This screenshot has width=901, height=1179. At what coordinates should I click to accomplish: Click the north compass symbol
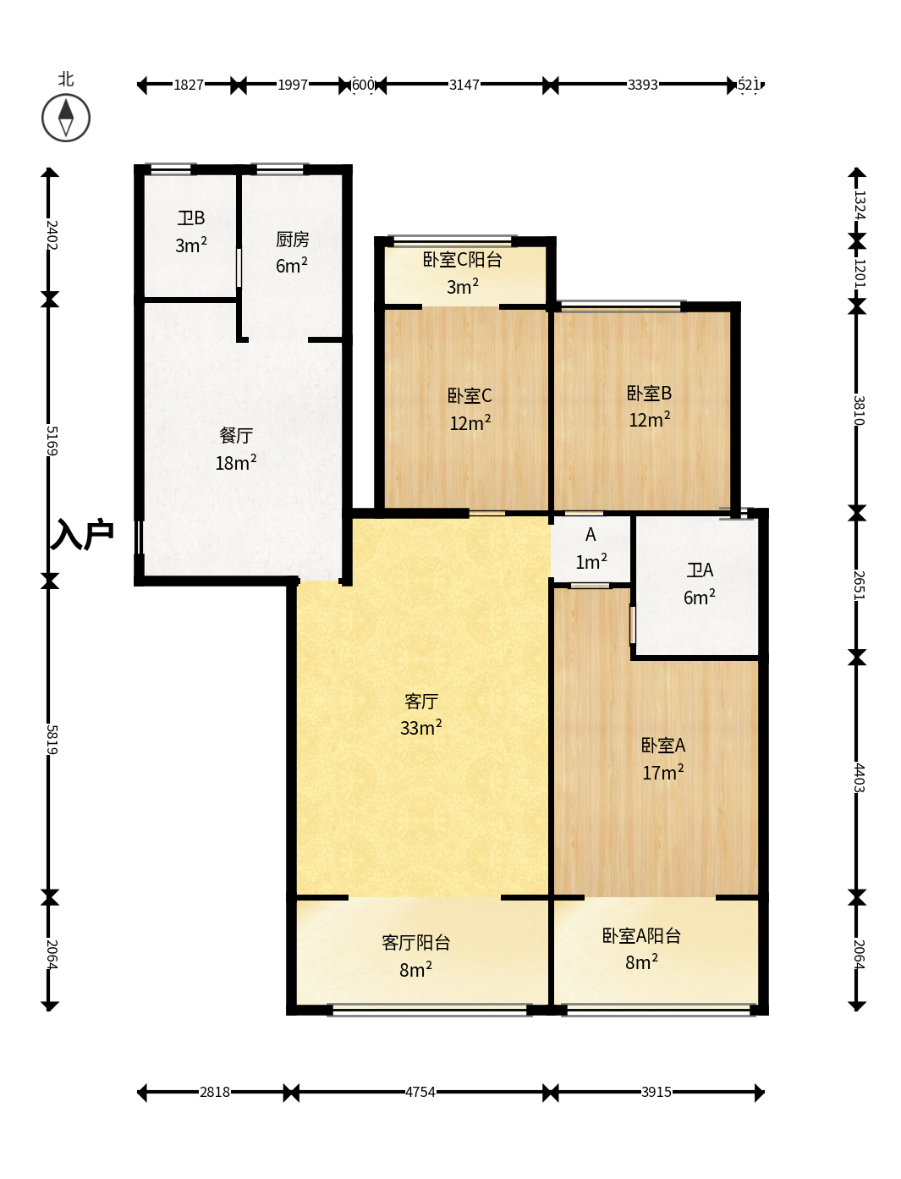click(65, 118)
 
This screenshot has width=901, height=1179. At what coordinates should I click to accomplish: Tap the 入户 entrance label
click(81, 534)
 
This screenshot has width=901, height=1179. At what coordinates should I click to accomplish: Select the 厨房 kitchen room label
click(292, 239)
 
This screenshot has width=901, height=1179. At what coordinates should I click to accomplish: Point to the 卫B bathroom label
click(191, 218)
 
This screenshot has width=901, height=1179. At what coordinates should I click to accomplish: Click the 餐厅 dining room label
click(236, 435)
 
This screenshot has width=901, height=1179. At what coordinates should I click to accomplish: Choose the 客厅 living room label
click(421, 701)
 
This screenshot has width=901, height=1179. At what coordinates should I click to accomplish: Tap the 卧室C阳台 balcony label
click(462, 260)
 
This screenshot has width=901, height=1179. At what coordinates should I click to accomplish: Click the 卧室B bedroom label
click(649, 394)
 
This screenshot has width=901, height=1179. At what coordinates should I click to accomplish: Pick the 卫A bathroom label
click(700, 570)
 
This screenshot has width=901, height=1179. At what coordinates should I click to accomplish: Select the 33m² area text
click(421, 727)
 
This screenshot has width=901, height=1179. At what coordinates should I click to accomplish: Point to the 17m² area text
click(663, 772)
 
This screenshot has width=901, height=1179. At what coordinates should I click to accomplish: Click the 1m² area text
click(591, 561)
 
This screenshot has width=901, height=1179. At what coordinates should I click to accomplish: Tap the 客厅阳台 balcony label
click(415, 942)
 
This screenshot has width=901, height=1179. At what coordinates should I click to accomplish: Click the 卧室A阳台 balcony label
click(641, 936)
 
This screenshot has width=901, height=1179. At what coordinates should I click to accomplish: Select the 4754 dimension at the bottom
click(420, 1092)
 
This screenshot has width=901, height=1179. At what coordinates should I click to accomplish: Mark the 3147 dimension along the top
click(464, 85)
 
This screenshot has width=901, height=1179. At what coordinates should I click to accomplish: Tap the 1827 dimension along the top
click(189, 85)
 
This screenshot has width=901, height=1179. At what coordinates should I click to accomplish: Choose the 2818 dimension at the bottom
click(215, 1092)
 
